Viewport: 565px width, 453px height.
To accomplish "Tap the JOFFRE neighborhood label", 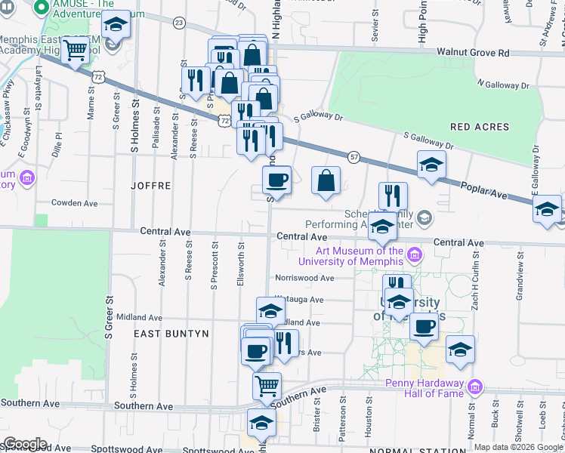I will coord(151,185).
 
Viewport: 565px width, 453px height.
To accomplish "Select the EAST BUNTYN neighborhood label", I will coord(171,333).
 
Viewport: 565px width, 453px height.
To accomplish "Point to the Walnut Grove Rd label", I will coord(473,54).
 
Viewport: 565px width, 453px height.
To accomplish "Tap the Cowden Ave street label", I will coord(75,203).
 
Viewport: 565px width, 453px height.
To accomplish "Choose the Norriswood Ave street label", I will coord(304,278).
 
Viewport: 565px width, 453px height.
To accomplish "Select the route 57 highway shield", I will coord(354,156).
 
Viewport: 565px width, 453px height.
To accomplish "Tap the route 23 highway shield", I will coord(178,23).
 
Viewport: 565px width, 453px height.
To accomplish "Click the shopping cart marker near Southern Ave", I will coord(267,385).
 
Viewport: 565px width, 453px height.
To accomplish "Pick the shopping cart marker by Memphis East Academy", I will coord(76,50).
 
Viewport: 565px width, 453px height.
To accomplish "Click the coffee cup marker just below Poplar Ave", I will coord(276,180).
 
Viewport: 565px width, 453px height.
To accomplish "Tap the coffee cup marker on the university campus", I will coord(425,326).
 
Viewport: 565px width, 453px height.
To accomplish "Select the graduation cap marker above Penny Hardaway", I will coord(460,350).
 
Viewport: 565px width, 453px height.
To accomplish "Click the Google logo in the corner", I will coord(25,444).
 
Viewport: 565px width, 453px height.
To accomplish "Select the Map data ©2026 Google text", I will coord(518,447).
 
